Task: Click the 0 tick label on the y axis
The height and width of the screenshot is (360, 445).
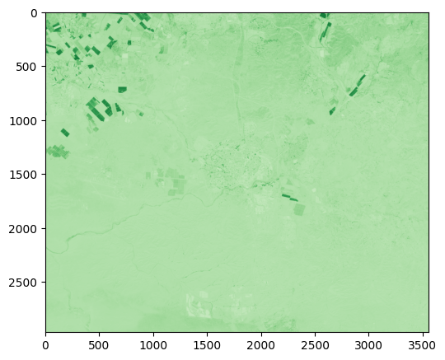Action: pyautogui.click(x=34, y=13)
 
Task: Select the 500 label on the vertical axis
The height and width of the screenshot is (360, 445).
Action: pyautogui.click(x=27, y=67)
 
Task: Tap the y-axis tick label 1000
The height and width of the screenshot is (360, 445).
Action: pyautogui.click(x=24, y=121)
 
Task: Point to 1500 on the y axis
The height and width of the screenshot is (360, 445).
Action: pyautogui.click(x=24, y=175)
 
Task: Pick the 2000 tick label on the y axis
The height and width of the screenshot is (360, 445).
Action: pyautogui.click(x=24, y=229)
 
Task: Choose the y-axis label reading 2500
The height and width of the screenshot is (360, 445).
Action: pyautogui.click(x=24, y=283)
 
